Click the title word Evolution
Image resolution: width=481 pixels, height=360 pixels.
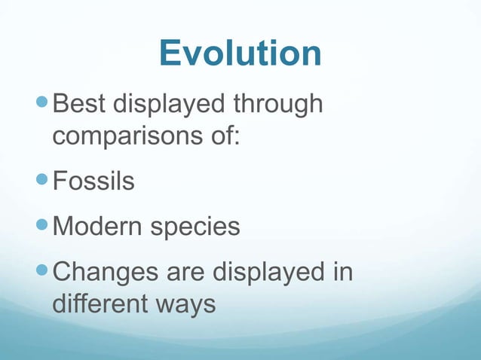click(240, 53)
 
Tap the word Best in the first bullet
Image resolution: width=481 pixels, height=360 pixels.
click(84, 105)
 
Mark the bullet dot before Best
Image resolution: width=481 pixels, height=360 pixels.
click(44, 105)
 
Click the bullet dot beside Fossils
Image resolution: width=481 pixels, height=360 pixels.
click(44, 182)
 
